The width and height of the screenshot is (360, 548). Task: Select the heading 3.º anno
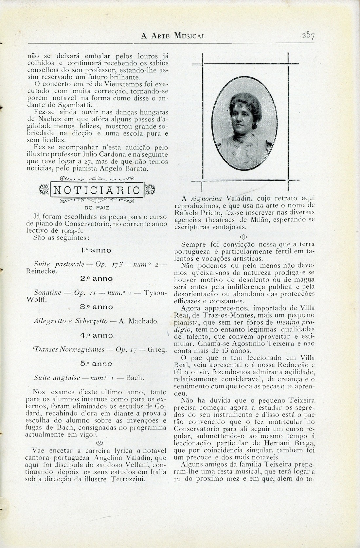tap(96, 307)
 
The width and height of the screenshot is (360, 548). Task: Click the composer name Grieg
tap(157, 349)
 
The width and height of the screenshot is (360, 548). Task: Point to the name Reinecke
tap(41, 271)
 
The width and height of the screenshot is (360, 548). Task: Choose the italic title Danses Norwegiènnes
tap(69, 349)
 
